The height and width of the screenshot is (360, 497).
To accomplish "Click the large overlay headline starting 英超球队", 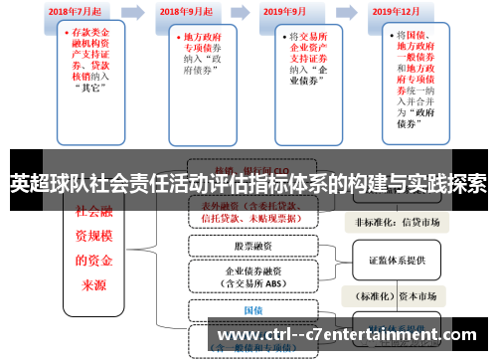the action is [x=248, y=184].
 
